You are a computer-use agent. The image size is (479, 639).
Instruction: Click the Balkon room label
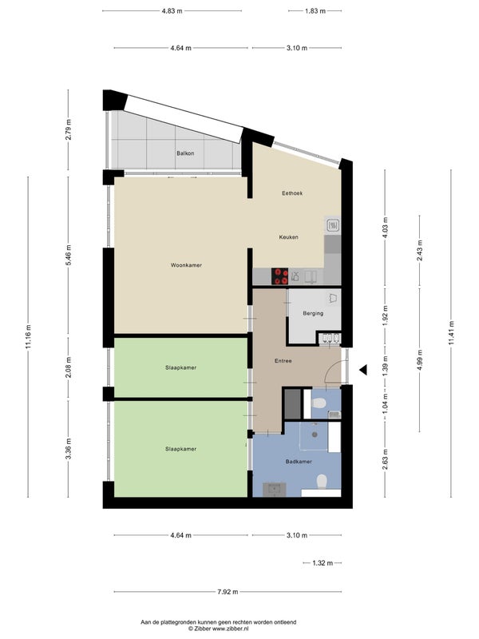click(x=185, y=153)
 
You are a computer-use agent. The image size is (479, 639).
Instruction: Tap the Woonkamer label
click(x=186, y=265)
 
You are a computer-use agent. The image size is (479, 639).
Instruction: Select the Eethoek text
click(x=292, y=193)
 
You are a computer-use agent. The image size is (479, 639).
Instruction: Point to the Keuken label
click(x=289, y=237)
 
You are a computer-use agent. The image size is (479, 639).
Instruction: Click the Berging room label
click(x=313, y=313)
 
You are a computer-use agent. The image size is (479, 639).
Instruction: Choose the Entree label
click(x=283, y=361)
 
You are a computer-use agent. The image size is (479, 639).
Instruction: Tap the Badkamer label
click(x=299, y=462)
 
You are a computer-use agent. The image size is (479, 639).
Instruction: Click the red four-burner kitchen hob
click(x=280, y=276)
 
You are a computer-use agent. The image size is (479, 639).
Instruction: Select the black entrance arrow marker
click(x=363, y=370)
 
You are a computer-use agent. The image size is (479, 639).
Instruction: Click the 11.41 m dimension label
click(x=451, y=333)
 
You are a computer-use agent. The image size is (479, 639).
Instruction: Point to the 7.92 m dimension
click(x=228, y=592)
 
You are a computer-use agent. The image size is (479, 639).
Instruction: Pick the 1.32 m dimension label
click(x=323, y=563)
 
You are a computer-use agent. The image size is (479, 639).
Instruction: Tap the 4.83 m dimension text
click(x=172, y=11)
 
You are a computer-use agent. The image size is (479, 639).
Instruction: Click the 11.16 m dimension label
click(x=28, y=337)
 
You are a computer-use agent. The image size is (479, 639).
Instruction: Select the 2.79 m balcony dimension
click(x=69, y=129)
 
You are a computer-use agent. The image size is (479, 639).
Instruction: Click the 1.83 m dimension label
click(x=315, y=11)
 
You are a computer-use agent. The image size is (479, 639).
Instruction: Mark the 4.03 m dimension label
click(x=386, y=228)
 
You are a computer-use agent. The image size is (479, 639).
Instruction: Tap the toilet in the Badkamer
click(x=323, y=481)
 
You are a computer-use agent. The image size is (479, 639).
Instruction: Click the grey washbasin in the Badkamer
click(x=275, y=490)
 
